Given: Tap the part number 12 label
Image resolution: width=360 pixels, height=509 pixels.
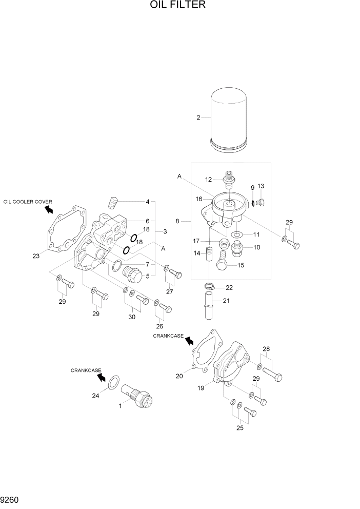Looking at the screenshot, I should point(209,180).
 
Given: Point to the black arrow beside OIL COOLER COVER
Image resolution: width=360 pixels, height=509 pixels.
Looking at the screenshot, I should point(49,209).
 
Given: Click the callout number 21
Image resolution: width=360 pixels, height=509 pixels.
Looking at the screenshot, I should point(227,301).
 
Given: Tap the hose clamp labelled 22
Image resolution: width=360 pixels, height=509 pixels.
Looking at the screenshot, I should point(210,287).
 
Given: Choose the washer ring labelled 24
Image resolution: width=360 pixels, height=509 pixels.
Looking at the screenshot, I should point(116,383).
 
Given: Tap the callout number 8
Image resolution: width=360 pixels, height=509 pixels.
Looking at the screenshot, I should point(177,221).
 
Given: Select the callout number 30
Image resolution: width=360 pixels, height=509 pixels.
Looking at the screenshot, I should point(132,317).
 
